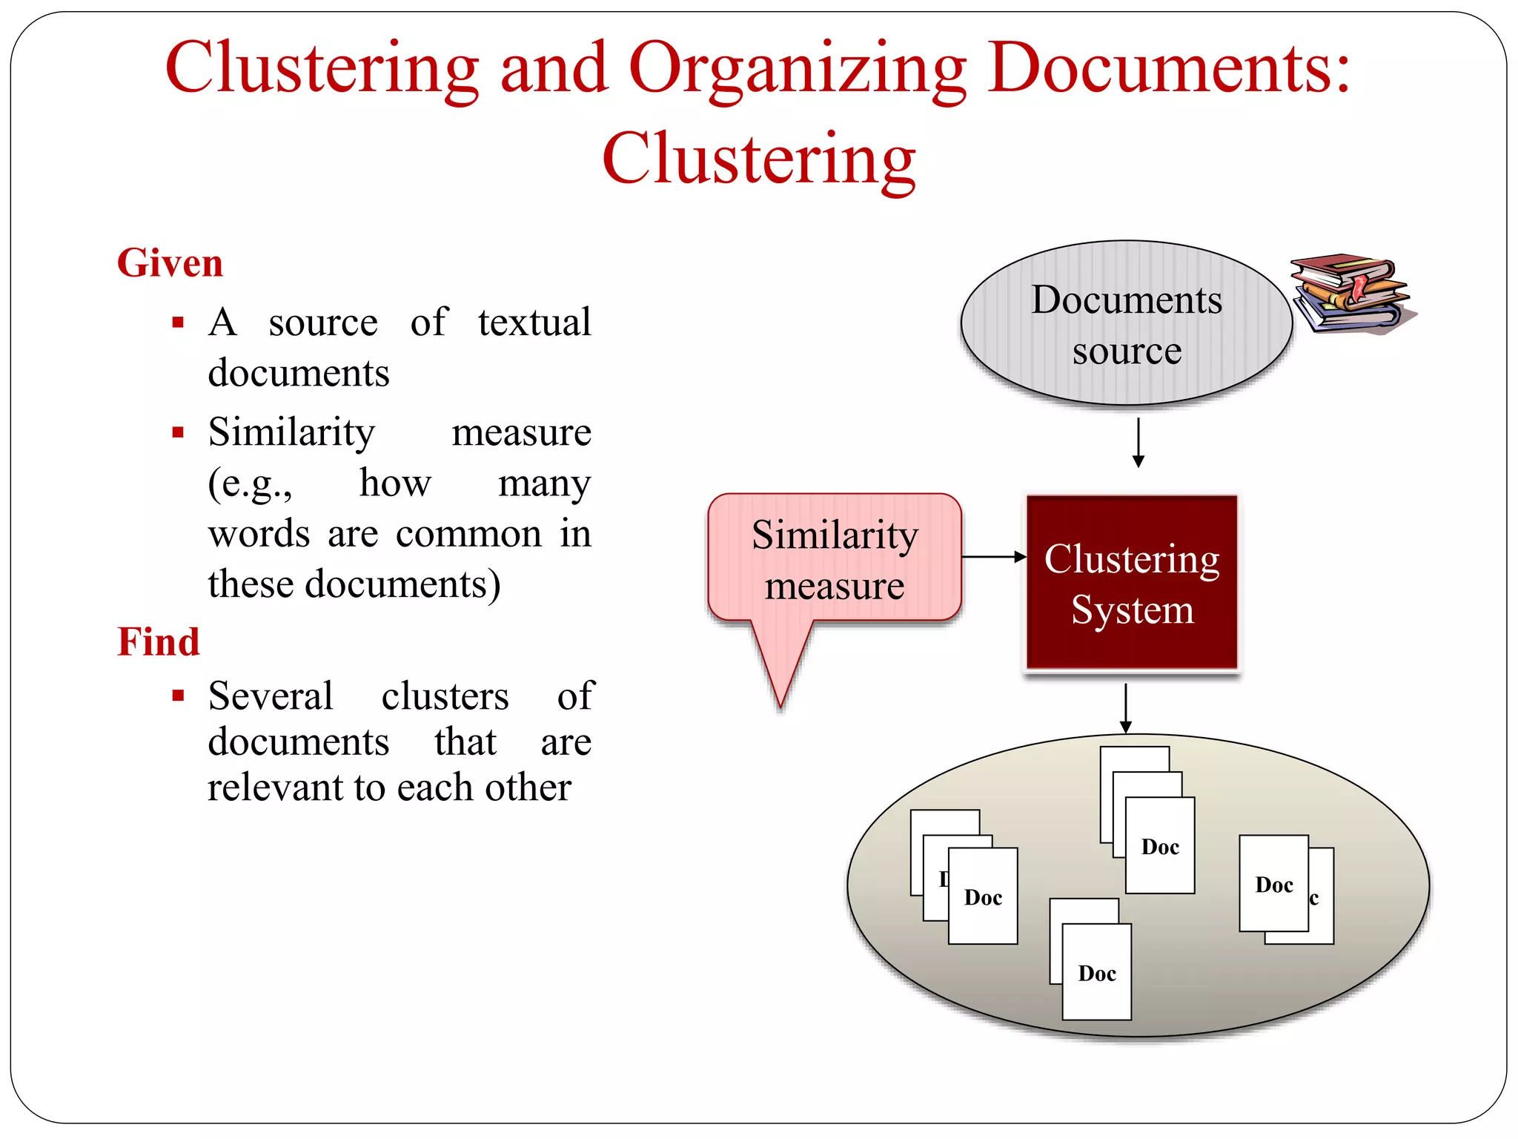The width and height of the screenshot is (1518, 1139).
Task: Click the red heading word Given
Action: click(x=170, y=263)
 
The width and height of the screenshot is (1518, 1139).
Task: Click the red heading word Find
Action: click(x=159, y=641)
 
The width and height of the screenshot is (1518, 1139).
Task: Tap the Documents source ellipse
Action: click(x=1125, y=324)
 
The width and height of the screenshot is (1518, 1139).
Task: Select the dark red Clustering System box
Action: click(x=1131, y=583)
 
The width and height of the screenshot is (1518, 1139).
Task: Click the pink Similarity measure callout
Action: click(x=834, y=560)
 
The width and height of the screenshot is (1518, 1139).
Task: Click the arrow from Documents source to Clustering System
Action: click(x=1138, y=443)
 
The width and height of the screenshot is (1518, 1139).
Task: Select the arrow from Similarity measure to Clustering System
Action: click(x=993, y=556)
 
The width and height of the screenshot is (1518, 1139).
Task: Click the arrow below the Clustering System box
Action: click(x=1125, y=709)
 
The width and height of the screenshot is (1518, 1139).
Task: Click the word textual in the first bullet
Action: click(x=534, y=323)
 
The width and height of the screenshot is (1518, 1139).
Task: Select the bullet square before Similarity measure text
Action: click(x=178, y=432)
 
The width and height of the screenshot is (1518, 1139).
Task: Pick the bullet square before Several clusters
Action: click(x=178, y=696)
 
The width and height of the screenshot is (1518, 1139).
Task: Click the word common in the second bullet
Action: click(x=468, y=534)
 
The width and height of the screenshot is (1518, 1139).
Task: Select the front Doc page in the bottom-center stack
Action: click(x=1096, y=972)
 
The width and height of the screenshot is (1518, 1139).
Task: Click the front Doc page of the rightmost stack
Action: click(x=1273, y=884)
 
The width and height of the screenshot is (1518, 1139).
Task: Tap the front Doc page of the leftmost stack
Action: click(x=983, y=897)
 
